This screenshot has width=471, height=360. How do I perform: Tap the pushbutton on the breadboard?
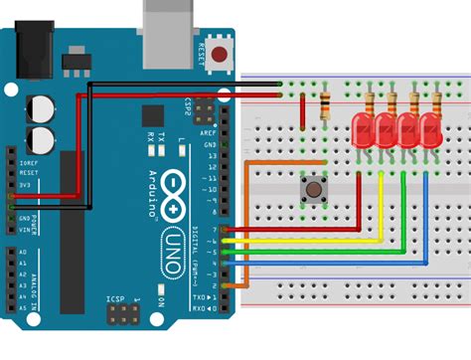coord(314,187)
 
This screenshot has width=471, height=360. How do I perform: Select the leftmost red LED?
coord(362,129)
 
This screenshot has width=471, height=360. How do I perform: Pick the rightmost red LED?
coord(429,129)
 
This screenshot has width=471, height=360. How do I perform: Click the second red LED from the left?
coord(384,129)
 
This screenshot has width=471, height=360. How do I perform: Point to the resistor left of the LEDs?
coord(325,105)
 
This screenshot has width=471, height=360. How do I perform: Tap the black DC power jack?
coord(26,54)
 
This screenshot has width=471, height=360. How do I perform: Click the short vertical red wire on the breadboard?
coord(303,108)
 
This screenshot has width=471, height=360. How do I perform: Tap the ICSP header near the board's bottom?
coord(122,315)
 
